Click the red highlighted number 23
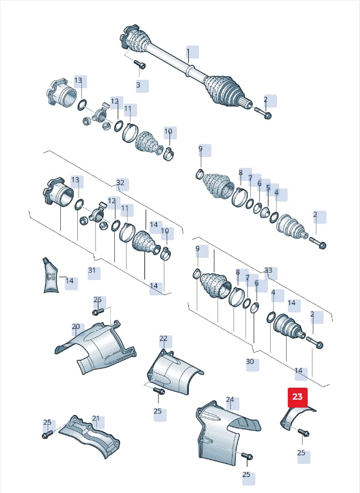(297, 396)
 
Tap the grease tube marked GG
(51, 275)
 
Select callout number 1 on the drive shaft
(188, 51)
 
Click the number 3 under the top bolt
(138, 85)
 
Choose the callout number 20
(76, 326)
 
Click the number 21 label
(96, 418)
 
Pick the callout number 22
(163, 338)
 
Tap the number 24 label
(230, 399)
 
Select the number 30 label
(250, 361)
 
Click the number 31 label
(92, 270)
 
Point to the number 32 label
(121, 182)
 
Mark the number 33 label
(268, 270)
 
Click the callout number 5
(268, 187)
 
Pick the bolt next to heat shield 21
(47, 434)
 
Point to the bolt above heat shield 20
(98, 311)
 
